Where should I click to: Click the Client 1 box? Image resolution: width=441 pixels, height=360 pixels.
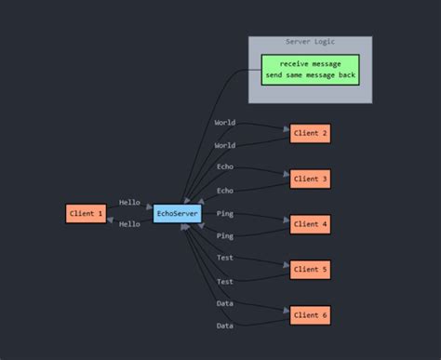pos(87,214)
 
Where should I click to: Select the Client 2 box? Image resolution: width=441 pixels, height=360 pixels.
pos(310,134)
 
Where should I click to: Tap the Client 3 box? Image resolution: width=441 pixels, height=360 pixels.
pos(310,179)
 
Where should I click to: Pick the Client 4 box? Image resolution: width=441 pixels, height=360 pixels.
pos(310,224)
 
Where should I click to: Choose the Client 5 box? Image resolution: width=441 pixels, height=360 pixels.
pos(310,270)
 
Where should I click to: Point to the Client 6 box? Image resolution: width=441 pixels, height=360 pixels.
pos(310,315)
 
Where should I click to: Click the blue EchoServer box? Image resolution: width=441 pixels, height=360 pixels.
pos(177,214)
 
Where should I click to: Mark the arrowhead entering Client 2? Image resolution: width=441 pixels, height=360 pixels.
pos(286,128)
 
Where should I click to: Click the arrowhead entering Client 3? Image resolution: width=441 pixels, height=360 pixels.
pos(286,174)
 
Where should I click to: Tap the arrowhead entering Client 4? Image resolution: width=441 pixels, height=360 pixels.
pos(286,220)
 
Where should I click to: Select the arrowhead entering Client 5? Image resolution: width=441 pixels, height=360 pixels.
pos(286,265)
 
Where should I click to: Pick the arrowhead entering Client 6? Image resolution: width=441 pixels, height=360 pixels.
pos(286,311)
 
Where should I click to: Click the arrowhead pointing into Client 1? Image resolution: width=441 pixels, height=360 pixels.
pos(112,220)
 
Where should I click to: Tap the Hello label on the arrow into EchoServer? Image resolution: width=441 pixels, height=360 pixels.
pos(129,202)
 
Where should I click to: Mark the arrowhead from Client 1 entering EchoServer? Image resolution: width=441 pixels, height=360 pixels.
pos(149,208)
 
